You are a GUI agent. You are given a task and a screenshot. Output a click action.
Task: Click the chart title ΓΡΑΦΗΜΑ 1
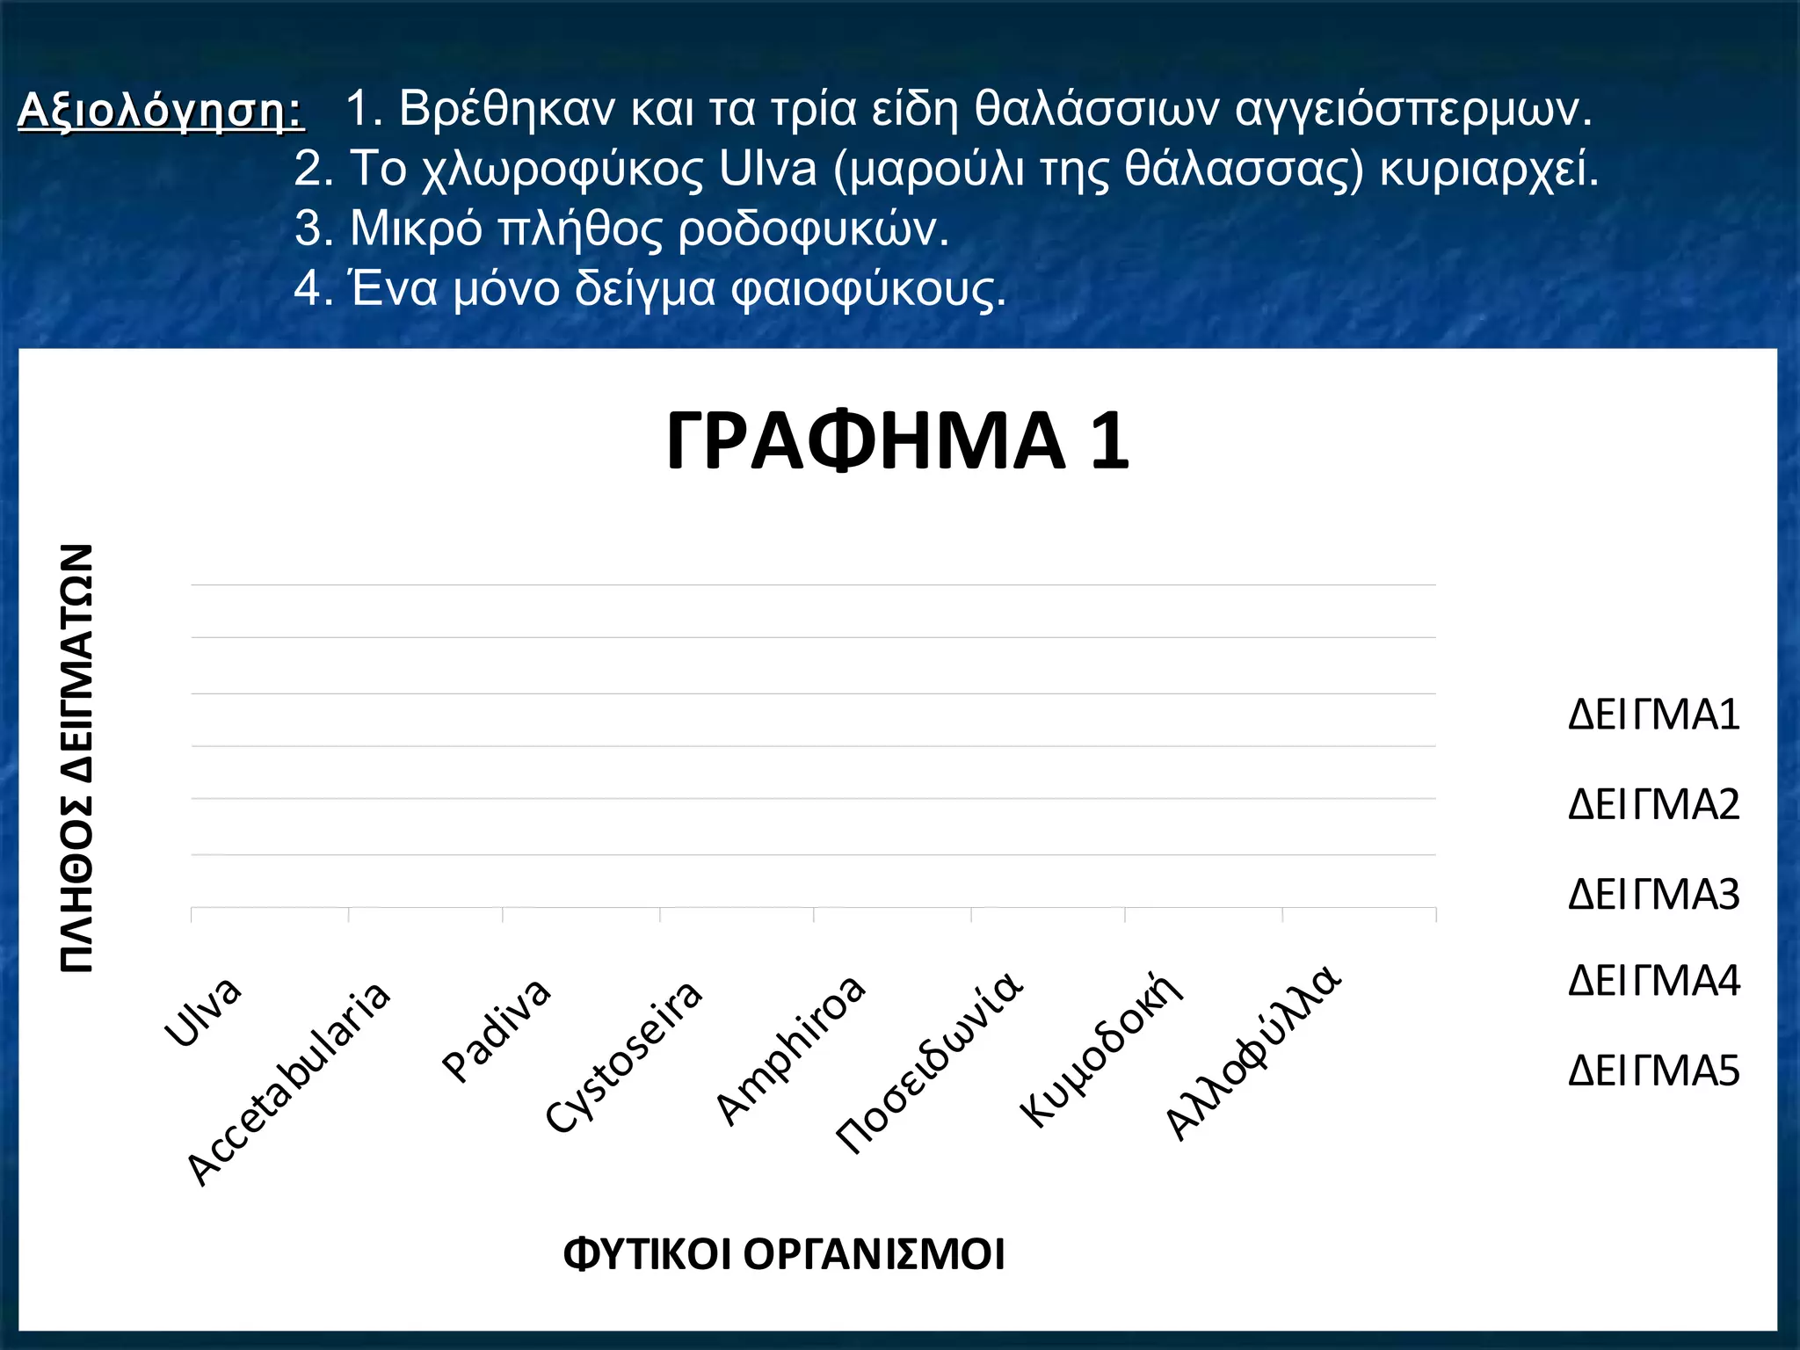point(897,441)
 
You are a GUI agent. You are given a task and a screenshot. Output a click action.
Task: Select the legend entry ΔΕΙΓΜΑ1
point(1653,715)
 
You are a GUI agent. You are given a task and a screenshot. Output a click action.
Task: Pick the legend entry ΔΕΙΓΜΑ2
point(1653,805)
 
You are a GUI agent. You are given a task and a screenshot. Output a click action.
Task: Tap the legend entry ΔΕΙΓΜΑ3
point(1653,895)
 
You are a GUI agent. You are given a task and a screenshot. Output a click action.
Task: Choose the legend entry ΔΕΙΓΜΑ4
point(1653,981)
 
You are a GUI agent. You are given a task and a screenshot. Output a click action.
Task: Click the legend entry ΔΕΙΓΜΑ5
point(1653,1071)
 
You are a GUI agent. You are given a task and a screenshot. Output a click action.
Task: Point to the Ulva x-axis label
point(203,1012)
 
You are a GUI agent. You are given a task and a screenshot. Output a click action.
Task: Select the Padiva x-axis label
point(497,1029)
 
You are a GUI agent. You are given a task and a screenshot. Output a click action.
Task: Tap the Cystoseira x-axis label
point(624,1057)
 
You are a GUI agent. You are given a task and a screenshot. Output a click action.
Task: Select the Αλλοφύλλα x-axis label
point(1253,1053)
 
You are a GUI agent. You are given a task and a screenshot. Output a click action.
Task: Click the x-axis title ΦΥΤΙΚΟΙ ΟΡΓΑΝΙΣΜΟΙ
point(783,1254)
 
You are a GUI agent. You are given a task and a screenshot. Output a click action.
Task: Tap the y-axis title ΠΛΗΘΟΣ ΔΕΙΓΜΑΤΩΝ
point(77,758)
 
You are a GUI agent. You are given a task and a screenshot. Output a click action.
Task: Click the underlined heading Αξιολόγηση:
point(161,112)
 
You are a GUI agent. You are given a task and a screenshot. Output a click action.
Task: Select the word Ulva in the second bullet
point(767,168)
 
